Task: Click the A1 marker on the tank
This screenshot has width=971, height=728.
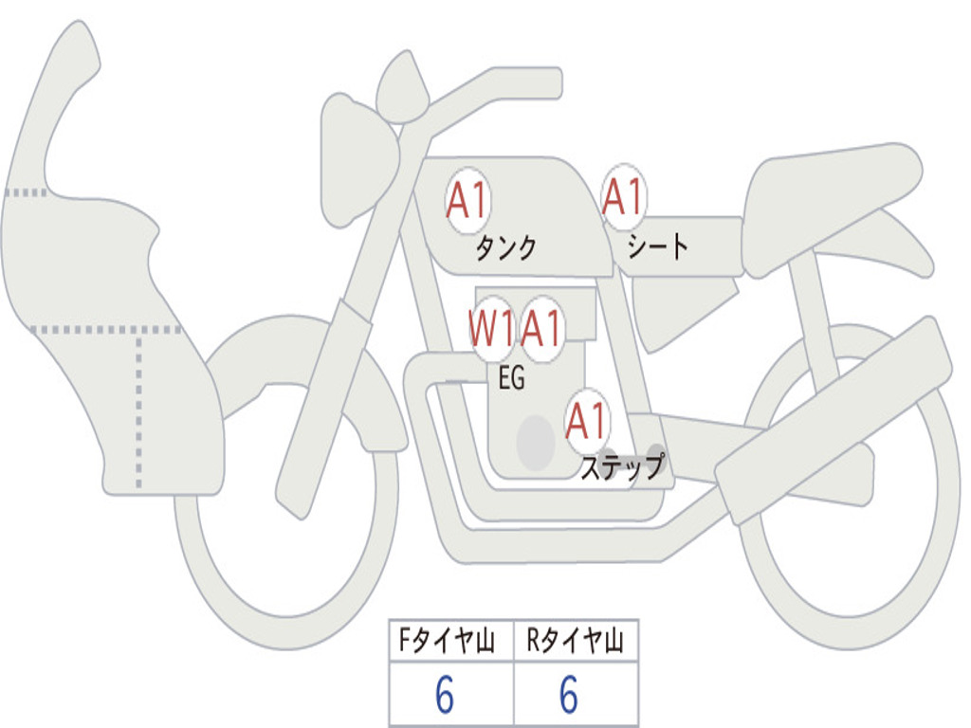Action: point(468,200)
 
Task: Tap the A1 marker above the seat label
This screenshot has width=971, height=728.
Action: point(624,197)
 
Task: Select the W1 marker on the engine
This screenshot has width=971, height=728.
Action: point(492,328)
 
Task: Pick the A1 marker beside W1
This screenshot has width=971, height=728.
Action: point(541,328)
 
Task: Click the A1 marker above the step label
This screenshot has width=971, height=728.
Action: point(586,422)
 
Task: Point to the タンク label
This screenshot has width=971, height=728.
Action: point(506,248)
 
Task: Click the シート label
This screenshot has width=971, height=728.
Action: point(658,246)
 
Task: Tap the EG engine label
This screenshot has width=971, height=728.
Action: point(511,377)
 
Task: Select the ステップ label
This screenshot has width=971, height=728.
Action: point(622,466)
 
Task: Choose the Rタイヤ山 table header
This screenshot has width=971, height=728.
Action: point(575,640)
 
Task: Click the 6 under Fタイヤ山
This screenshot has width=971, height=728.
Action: point(445,694)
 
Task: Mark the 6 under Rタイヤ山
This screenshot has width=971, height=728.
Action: point(569,694)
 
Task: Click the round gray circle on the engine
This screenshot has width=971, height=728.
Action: point(536,443)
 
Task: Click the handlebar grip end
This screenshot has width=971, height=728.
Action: point(553,83)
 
